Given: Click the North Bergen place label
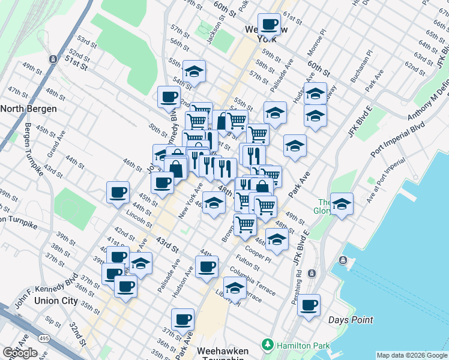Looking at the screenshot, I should pyautogui.click(x=29, y=109).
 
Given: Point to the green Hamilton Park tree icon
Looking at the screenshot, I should pyautogui.click(x=268, y=345).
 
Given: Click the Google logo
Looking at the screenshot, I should pyautogui.click(x=20, y=353).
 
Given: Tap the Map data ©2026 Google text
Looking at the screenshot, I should pyautogui.click(x=412, y=355).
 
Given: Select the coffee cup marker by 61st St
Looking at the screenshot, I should pyautogui.click(x=268, y=25).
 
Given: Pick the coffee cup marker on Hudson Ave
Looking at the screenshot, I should pyautogui.click(x=206, y=266).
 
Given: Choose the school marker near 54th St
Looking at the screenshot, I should pyautogui.click(x=194, y=71).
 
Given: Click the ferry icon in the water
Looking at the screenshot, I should pyautogui.click(x=343, y=260).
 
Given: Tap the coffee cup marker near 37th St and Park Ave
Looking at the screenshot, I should pyautogui.click(x=182, y=319).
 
